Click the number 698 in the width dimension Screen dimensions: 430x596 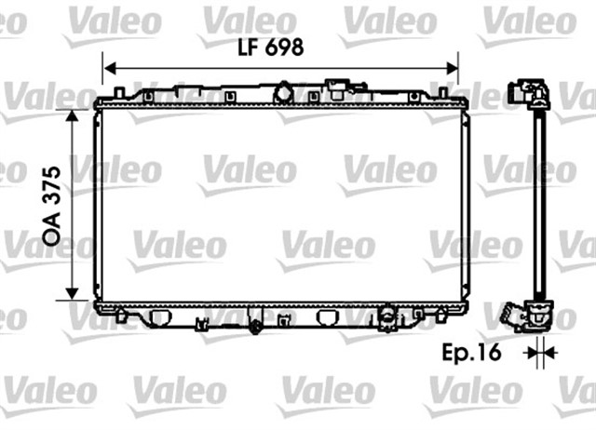pos(284,50)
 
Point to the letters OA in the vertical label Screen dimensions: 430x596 pos(52,234)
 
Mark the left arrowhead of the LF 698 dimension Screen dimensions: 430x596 pos(108,67)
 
